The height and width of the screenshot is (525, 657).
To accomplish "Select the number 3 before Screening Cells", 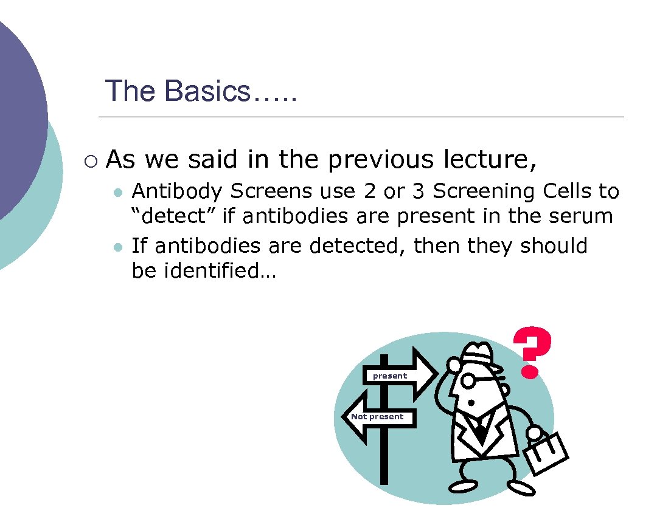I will coord(418,191).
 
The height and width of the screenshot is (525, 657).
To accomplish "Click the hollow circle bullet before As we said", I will coord(91,161).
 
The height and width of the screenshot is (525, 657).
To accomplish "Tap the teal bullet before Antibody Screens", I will coord(119,193).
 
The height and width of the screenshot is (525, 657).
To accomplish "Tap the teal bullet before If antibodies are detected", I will coord(119,247).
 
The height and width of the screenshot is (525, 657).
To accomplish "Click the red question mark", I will coord(532,352).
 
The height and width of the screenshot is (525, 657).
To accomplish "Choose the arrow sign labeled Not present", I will coord(378,417).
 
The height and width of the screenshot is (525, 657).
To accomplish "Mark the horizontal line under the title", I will coord(361,117).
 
